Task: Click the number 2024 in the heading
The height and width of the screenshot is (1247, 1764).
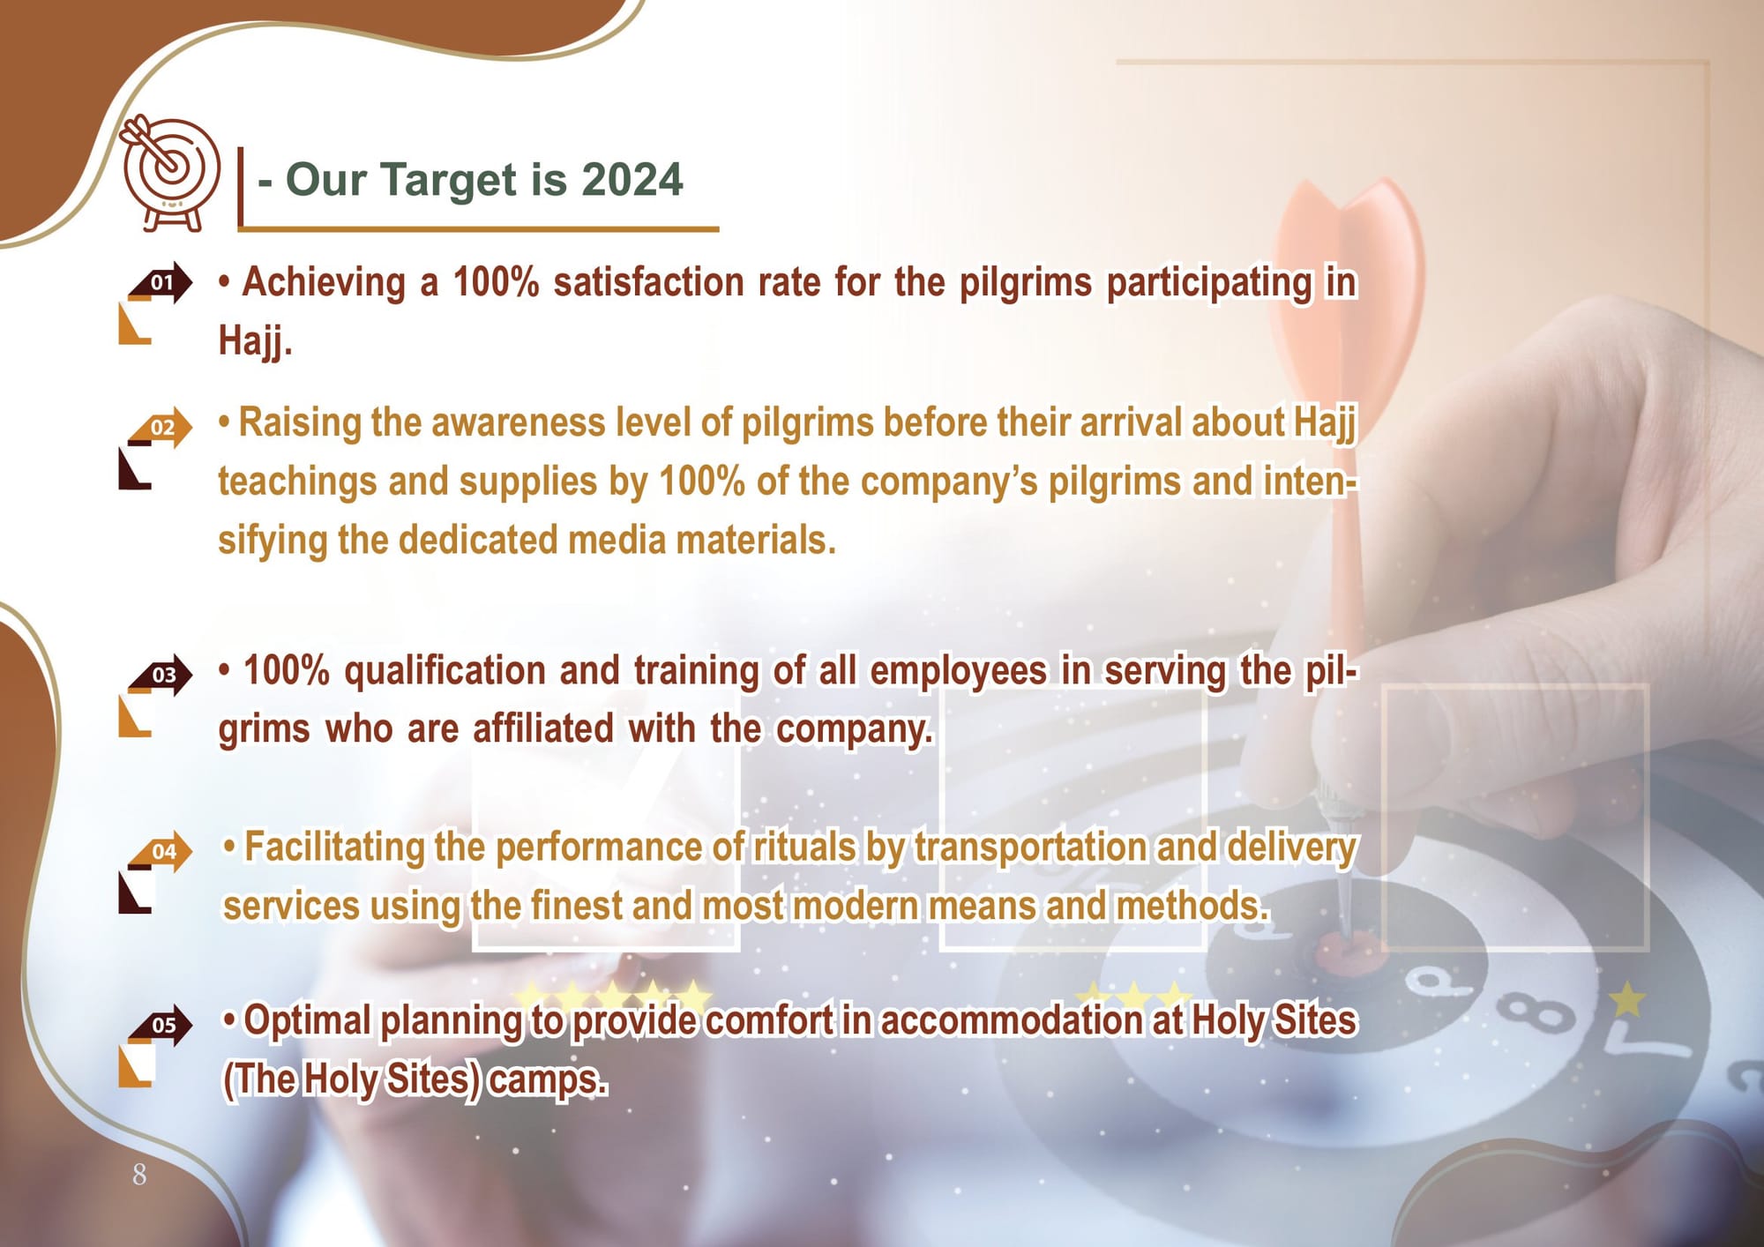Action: (x=632, y=180)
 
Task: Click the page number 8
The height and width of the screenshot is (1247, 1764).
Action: (x=139, y=1175)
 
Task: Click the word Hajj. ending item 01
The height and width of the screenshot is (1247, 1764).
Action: (x=255, y=341)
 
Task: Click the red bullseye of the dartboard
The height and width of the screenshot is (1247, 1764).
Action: (x=1347, y=952)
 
